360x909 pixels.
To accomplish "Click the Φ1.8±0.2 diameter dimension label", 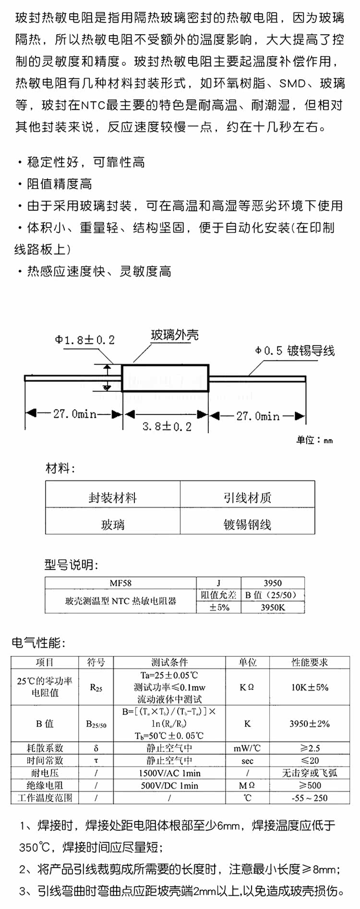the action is click(85, 340).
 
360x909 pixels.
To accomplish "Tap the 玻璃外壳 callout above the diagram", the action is click(175, 335).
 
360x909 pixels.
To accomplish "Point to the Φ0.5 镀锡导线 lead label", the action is click(295, 351).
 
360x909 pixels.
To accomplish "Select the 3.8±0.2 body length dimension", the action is click(167, 426).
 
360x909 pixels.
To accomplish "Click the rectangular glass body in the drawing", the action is click(165, 378).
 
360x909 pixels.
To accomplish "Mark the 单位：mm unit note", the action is click(314, 440).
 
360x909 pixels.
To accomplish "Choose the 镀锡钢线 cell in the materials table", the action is click(248, 524).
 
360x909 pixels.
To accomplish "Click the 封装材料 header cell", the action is click(113, 497).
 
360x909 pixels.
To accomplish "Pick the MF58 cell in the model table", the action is click(120, 583).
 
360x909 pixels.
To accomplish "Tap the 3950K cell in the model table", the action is click(273, 607).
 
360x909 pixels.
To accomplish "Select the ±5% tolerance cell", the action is click(219, 607).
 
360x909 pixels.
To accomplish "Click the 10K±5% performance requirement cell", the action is click(310, 687).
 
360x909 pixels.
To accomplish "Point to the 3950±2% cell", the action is click(310, 724).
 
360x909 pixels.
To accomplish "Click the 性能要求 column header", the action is click(310, 662).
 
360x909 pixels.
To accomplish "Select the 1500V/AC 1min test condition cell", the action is click(170, 773).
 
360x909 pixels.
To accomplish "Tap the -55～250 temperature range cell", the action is click(310, 798).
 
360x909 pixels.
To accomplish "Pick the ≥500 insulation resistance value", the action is click(310, 785).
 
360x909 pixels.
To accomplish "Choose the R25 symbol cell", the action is click(96, 688).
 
